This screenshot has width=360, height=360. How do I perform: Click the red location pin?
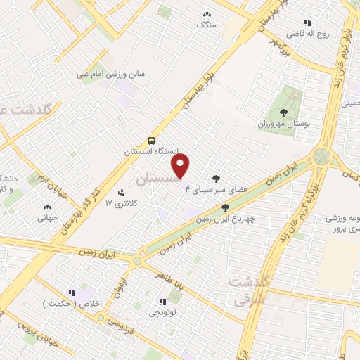coord(181,166)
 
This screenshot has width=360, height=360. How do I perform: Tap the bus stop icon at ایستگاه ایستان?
coord(152,140)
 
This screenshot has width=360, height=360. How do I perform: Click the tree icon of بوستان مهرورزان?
coord(283,112)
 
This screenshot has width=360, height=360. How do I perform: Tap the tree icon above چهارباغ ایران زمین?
coord(225,207)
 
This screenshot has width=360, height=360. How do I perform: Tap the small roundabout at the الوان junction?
coord(138,261)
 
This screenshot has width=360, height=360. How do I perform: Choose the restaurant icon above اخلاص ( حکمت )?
coord(71,292)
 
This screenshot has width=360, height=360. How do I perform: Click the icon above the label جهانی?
coord(47,207)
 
